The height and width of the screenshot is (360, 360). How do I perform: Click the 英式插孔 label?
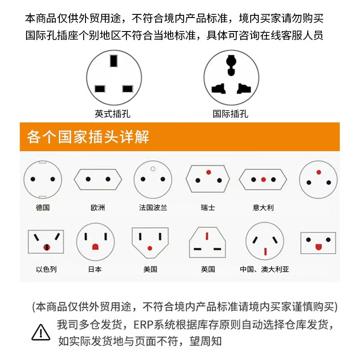click(x=112, y=114)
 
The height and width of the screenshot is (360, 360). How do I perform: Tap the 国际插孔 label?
click(x=230, y=114)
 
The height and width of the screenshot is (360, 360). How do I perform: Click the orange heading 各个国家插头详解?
click(x=88, y=136)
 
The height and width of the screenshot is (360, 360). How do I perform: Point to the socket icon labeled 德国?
click(x=42, y=179)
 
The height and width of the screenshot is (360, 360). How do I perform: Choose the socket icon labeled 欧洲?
click(x=98, y=179)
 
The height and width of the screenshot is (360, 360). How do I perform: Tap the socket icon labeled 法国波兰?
click(x=153, y=179)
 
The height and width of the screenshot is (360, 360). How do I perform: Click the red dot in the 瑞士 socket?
click(x=208, y=172)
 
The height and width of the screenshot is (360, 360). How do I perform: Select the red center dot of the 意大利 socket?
click(x=263, y=180)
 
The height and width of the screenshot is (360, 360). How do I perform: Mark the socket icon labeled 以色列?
click(x=46, y=242)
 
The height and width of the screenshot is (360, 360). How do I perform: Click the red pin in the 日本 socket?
click(x=95, y=247)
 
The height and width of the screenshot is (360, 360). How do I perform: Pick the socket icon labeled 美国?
click(x=150, y=242)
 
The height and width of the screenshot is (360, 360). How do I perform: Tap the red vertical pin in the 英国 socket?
click(x=207, y=236)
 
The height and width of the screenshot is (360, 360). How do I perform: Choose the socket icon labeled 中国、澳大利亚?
click(x=265, y=242)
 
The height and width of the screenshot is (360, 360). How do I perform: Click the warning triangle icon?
click(x=41, y=332)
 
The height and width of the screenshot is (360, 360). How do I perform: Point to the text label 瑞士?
click(x=208, y=208)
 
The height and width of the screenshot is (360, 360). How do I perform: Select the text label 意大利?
click(x=263, y=208)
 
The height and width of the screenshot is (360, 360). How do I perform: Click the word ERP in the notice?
click(x=144, y=324)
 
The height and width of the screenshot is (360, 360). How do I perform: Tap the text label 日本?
click(x=95, y=269)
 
